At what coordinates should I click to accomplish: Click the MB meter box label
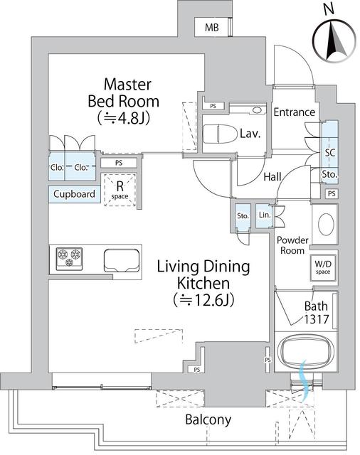(x=211, y=28)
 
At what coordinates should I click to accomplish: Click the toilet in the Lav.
(x=220, y=134)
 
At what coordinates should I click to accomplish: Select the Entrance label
(x=294, y=112)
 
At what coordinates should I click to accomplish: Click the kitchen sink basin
(x=122, y=261)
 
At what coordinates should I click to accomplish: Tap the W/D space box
(x=323, y=268)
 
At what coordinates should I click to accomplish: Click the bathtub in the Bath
(x=306, y=351)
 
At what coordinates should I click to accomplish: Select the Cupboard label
(x=74, y=194)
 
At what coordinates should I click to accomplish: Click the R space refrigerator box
(x=120, y=190)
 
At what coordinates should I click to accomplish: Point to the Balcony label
(x=208, y=419)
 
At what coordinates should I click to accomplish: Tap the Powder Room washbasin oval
(x=326, y=225)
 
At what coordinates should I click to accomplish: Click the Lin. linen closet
(x=265, y=215)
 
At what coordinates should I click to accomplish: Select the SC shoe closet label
(x=330, y=153)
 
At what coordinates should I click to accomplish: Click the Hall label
(x=272, y=177)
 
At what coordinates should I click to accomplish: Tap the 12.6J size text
(x=203, y=300)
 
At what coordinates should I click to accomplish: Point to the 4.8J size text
(x=123, y=118)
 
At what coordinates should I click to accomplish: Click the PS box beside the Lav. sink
(x=213, y=106)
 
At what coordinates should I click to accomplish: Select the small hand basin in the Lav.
(x=256, y=110)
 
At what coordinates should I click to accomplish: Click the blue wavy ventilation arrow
(x=304, y=380)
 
